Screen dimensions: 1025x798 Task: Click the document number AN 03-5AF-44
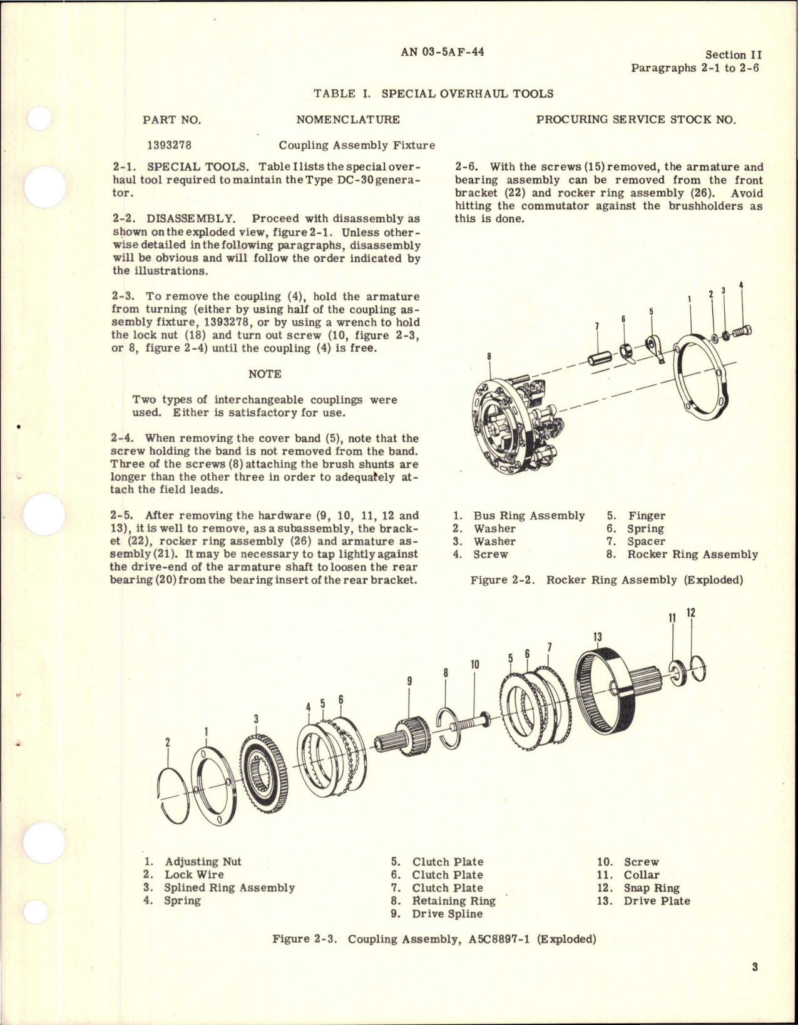click(x=442, y=53)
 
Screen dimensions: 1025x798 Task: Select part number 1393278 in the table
click(x=169, y=145)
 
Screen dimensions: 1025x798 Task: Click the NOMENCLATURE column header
click(x=348, y=120)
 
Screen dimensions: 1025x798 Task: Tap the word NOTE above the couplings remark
click(x=265, y=374)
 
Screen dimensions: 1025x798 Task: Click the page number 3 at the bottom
click(x=755, y=984)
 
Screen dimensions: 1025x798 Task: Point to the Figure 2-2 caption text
click(x=606, y=579)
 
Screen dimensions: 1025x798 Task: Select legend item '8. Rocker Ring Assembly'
click(x=682, y=554)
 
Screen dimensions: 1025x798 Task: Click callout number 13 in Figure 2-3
click(x=597, y=637)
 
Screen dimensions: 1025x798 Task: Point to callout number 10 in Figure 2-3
click(x=474, y=665)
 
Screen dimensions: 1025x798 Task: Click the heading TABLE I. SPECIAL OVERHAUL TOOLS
click(x=433, y=94)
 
